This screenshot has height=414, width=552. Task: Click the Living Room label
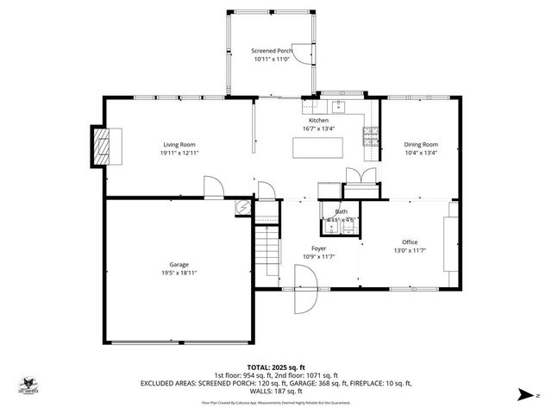pos(179,144)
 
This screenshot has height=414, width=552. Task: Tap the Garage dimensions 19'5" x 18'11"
pos(179,273)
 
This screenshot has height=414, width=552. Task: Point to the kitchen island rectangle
pos(315,149)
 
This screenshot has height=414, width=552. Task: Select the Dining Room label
pos(421,144)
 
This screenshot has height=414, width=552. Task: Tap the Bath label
pos(342,211)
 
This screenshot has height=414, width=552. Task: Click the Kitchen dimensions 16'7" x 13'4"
pos(319,129)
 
